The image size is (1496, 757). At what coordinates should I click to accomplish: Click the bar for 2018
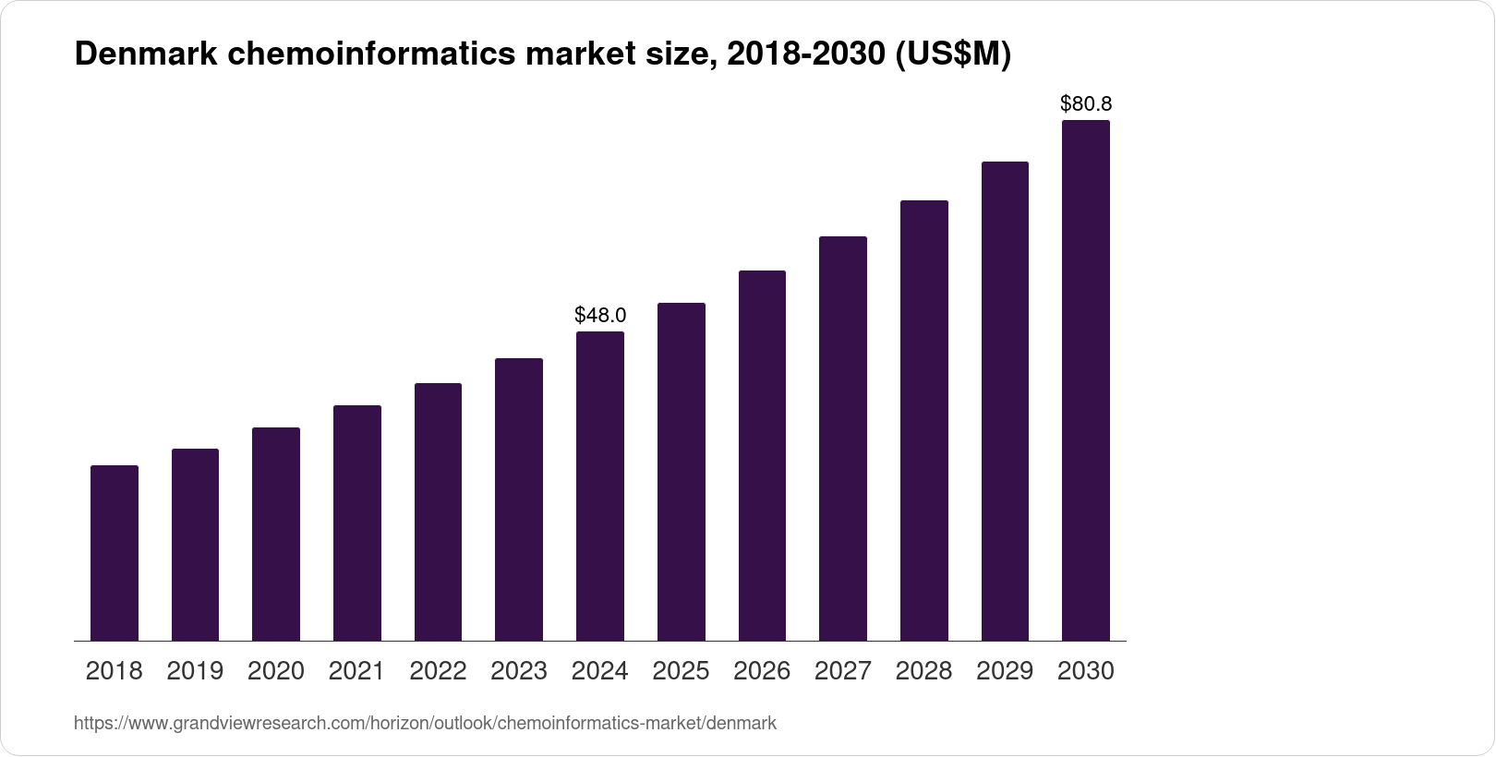click(x=115, y=553)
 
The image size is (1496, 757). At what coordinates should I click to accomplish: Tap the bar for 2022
click(x=438, y=511)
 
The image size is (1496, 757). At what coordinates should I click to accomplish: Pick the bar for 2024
click(x=600, y=486)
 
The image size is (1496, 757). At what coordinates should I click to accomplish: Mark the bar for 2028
click(x=923, y=420)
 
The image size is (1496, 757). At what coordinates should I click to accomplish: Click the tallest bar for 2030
click(x=1086, y=380)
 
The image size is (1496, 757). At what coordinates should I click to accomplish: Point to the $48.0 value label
click(x=600, y=315)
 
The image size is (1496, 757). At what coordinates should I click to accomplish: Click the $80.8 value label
click(x=1086, y=103)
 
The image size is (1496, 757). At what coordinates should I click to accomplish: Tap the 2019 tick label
click(x=195, y=671)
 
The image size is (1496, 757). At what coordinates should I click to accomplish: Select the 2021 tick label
click(x=356, y=671)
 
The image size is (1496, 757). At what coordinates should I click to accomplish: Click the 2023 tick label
click(x=519, y=671)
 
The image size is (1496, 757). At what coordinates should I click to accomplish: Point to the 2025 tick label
click(x=681, y=671)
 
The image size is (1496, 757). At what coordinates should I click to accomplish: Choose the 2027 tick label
click(x=843, y=671)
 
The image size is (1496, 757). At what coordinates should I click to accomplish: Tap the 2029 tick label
click(x=1005, y=671)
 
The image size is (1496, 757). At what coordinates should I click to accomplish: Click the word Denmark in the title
click(x=145, y=55)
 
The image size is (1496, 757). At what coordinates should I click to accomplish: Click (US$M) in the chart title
click(x=954, y=55)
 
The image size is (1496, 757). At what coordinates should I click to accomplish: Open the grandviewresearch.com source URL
click(x=425, y=724)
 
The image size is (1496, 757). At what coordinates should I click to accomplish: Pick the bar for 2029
click(x=1005, y=401)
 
